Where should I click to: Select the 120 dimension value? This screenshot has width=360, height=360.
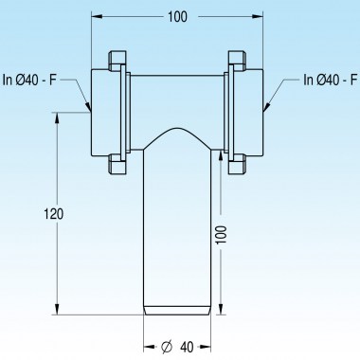coord(53,215)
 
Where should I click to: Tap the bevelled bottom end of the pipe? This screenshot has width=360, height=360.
coord(178,309)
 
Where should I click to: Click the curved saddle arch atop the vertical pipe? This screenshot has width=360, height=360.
coord(178,132)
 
